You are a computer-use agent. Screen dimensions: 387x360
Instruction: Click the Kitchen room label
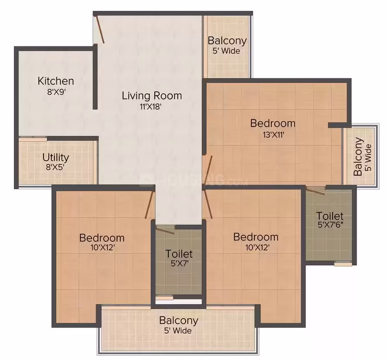point(56,81)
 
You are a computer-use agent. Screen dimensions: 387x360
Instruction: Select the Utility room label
point(56,158)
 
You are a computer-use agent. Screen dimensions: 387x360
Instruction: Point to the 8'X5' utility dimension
point(55,167)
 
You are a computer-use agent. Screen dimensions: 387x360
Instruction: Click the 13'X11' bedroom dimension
point(274,135)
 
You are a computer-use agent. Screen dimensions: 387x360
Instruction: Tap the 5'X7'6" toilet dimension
point(330,225)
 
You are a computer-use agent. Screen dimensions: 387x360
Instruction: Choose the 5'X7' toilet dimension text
point(180,263)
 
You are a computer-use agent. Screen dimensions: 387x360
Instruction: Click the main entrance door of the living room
point(100,30)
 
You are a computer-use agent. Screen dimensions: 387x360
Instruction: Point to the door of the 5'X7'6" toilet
point(316,191)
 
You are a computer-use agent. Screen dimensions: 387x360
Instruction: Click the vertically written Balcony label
point(358,157)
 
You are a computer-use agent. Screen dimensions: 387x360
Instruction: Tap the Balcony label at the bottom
point(179,320)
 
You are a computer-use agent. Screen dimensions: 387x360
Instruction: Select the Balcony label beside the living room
point(227,41)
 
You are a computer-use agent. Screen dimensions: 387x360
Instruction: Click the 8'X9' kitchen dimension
point(56,92)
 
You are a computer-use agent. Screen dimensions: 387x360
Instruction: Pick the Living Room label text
point(152,96)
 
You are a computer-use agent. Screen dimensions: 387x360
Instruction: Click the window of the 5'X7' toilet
point(164,298)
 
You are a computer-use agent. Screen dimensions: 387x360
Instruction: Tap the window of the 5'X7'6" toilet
point(343,264)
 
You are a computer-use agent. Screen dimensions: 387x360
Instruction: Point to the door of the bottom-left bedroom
point(149,204)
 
